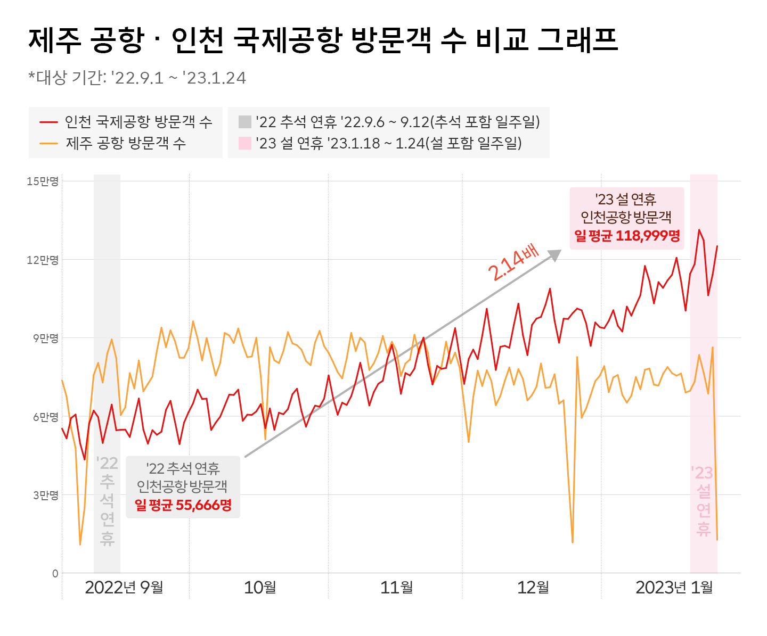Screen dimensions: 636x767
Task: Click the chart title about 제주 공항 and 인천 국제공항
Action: (x=322, y=40)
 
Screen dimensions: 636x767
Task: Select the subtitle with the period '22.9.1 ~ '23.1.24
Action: (x=137, y=78)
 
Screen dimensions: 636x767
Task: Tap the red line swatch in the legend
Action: (x=48, y=122)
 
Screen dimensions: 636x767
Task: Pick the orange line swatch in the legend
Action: (x=48, y=143)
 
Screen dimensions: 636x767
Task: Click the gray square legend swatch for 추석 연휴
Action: (x=244, y=122)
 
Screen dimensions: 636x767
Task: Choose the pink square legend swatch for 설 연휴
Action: (x=244, y=143)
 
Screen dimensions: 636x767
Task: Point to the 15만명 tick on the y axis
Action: (x=43, y=181)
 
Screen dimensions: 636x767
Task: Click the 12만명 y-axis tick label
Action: (x=43, y=260)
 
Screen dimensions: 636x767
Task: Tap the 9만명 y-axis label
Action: (x=45, y=338)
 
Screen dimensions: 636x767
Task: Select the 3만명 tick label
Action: (x=45, y=495)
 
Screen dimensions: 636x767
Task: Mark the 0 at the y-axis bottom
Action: (x=55, y=574)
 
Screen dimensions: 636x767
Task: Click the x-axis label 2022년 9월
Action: (x=124, y=588)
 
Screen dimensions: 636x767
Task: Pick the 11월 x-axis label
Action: (x=397, y=588)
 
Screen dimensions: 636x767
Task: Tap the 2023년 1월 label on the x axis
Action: (x=674, y=588)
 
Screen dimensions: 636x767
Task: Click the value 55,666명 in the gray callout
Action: (x=203, y=505)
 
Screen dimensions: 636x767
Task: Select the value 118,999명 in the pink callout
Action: (x=648, y=236)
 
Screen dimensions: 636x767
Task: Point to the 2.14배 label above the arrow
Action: (x=513, y=264)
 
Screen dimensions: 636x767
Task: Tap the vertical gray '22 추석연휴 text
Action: (x=107, y=501)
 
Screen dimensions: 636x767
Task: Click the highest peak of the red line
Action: (x=699, y=230)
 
